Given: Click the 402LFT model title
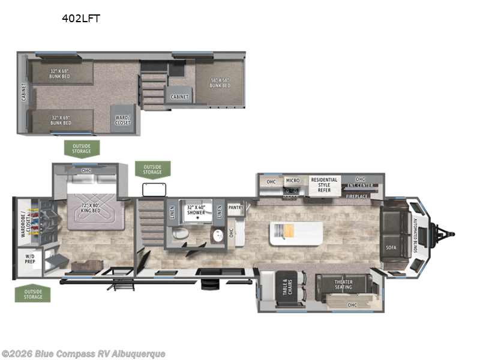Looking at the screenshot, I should [x=81, y=19].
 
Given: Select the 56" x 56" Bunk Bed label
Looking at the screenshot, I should [x=220, y=82].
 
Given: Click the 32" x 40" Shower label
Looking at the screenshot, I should [x=196, y=209].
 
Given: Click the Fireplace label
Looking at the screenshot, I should [x=356, y=196].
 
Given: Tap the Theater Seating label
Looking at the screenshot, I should [x=343, y=284].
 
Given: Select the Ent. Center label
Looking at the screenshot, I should [x=360, y=185].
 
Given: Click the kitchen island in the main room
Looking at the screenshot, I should [x=296, y=233].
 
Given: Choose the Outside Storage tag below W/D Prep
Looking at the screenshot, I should [x=33, y=294].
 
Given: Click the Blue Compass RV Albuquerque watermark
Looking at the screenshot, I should [x=83, y=354].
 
